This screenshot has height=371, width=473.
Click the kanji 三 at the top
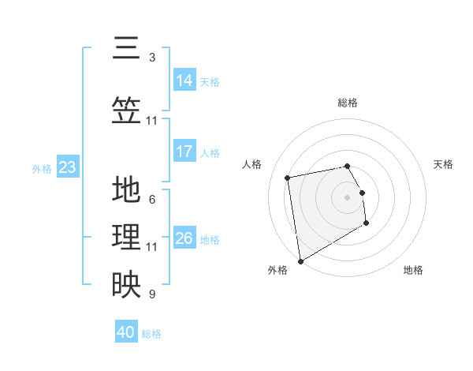point(125,49)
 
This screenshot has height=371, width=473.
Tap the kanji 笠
point(125,111)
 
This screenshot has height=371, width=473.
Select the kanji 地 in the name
point(125,190)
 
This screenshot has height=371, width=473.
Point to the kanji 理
point(125,238)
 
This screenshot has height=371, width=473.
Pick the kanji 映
point(125,285)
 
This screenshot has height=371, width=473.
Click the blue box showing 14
point(184,80)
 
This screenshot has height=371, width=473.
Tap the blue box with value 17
point(184,152)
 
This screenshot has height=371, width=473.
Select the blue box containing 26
point(184,238)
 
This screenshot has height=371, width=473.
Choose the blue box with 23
point(67,167)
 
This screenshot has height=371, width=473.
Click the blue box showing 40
point(126,332)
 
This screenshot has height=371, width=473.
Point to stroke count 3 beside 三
point(151,58)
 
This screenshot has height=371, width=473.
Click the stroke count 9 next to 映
point(151,294)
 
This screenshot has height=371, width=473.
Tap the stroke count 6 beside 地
point(151,199)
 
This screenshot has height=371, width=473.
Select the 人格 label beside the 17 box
point(210,153)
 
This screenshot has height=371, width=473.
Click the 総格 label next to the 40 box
point(151,334)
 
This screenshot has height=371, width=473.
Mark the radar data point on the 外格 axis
point(300,261)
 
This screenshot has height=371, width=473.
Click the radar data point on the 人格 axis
point(288,177)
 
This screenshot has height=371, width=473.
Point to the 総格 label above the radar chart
point(348,103)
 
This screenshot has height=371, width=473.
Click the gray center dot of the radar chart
point(347,197)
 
